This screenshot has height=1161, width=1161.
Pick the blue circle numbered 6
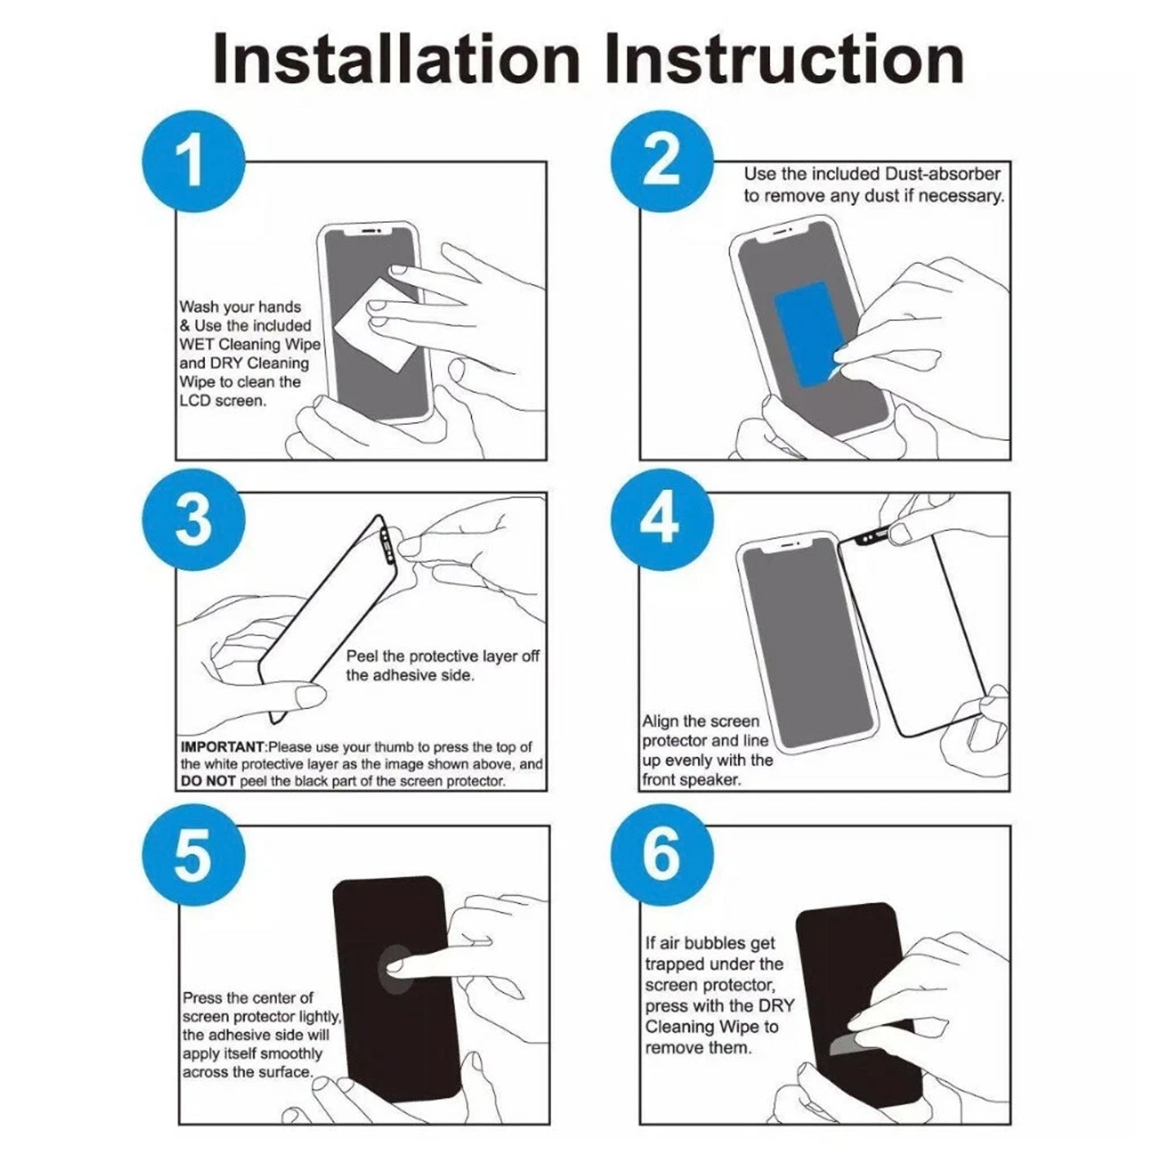tap(662, 854)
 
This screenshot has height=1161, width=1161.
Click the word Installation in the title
tap(396, 59)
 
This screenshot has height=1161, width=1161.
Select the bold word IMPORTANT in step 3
tap(223, 747)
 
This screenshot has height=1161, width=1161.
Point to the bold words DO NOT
tap(208, 781)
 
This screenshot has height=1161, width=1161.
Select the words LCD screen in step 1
tap(223, 401)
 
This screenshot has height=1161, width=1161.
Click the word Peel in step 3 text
tap(361, 656)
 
